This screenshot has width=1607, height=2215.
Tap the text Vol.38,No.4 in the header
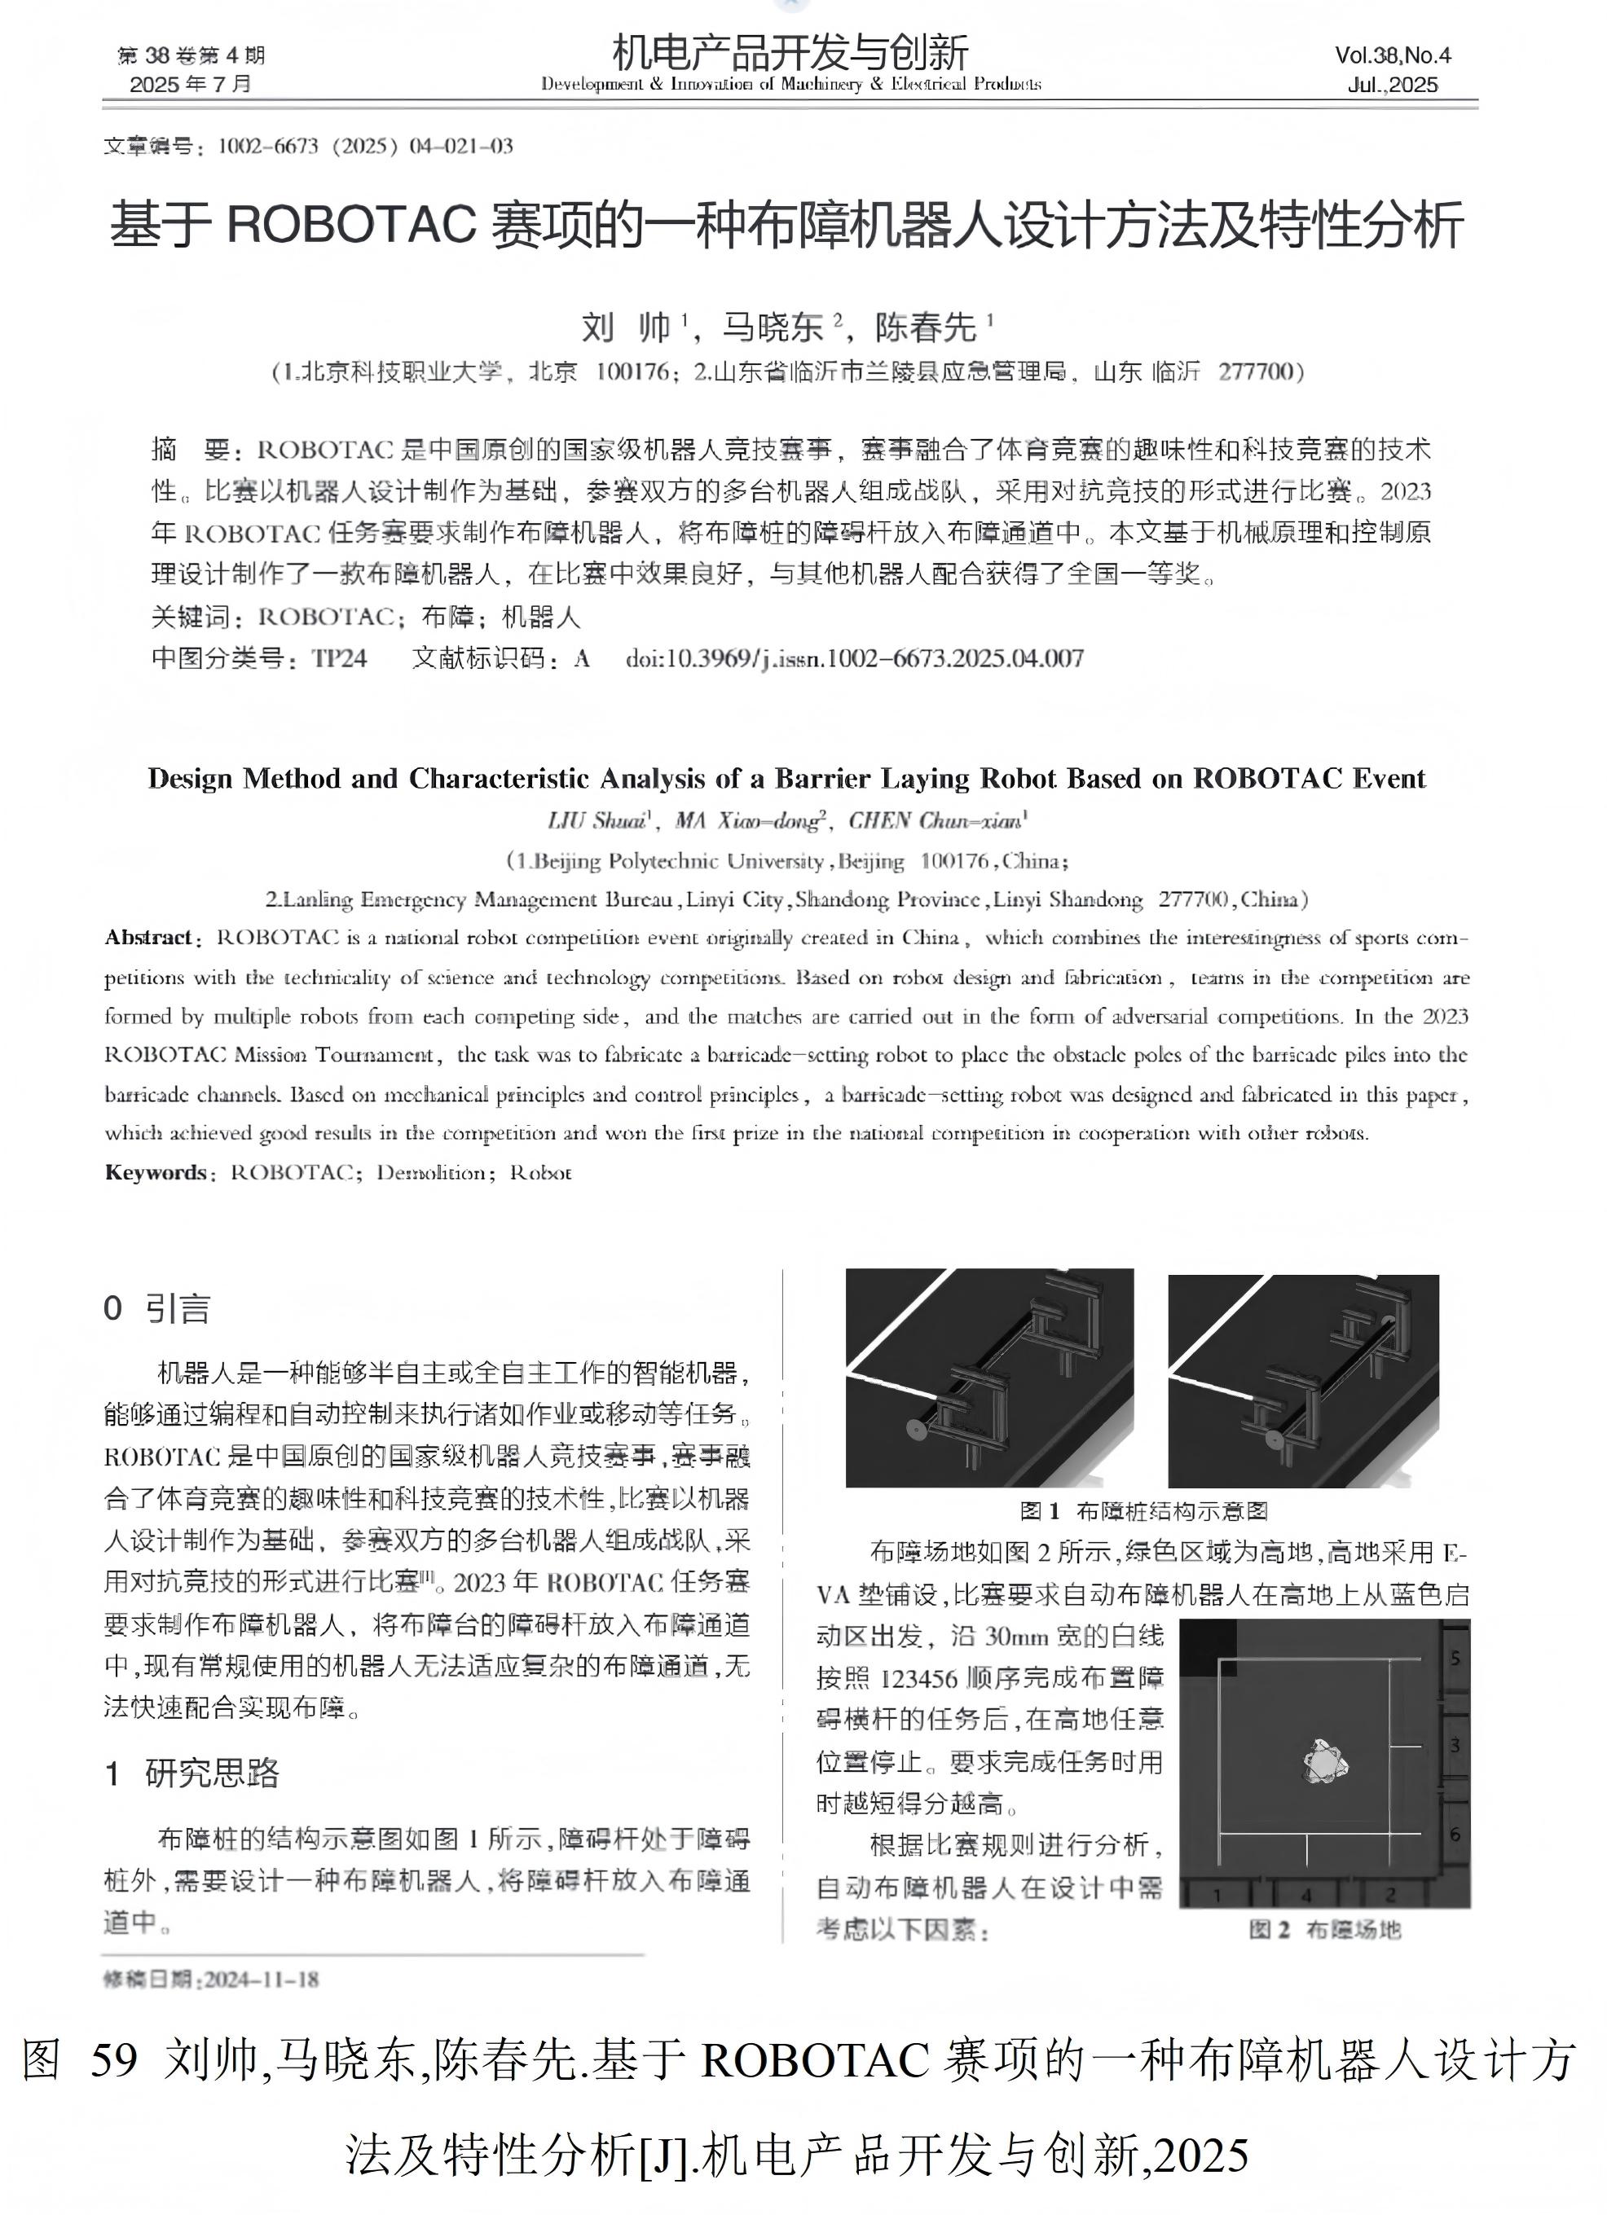click(1392, 55)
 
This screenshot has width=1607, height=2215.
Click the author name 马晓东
click(773, 327)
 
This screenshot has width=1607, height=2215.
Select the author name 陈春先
click(925, 327)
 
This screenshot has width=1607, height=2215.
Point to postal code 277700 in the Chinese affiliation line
click(1255, 372)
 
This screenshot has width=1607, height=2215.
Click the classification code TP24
click(339, 658)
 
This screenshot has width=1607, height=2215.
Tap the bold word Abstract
click(148, 938)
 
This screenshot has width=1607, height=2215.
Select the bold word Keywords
click(154, 1173)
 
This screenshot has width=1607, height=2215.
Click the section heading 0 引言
click(157, 1308)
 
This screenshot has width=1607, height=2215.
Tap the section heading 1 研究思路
click(192, 1773)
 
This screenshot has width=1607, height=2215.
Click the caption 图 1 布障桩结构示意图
click(1143, 1511)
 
